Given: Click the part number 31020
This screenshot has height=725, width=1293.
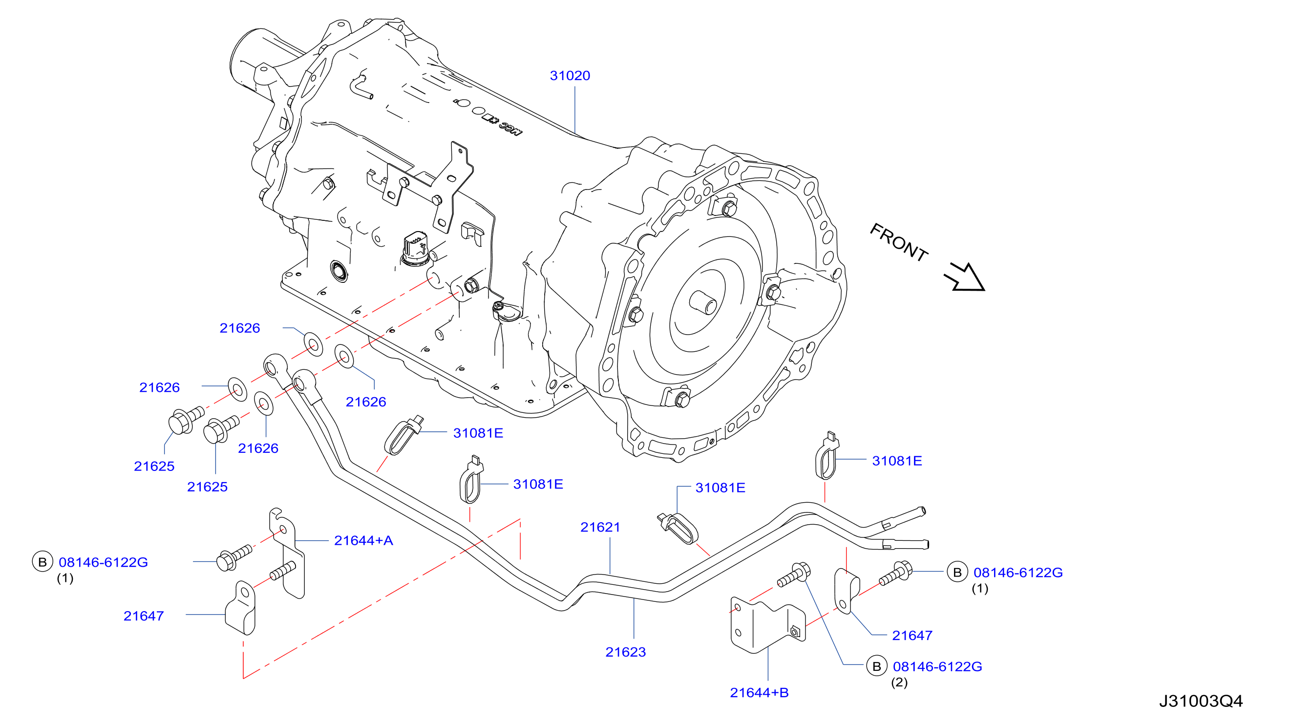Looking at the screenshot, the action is coord(570,76).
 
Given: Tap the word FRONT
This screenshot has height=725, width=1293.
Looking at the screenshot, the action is coord(899,242).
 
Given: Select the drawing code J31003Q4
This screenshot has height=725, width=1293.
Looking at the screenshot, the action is coord(1201,701).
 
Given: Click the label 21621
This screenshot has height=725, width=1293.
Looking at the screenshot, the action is coord(600,527).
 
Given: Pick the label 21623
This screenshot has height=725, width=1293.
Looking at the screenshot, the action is coord(625,652).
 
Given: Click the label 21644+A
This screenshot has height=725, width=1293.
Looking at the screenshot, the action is coord(363,541).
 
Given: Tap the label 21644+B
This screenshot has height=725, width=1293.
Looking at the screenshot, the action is coord(759,693).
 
